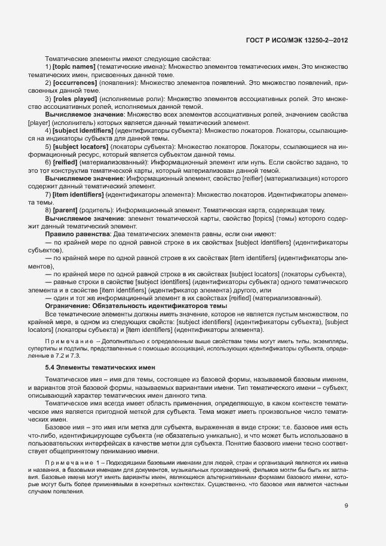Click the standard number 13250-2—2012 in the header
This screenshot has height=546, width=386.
[x=326, y=41]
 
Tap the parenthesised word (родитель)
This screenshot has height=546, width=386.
[x=98, y=211]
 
